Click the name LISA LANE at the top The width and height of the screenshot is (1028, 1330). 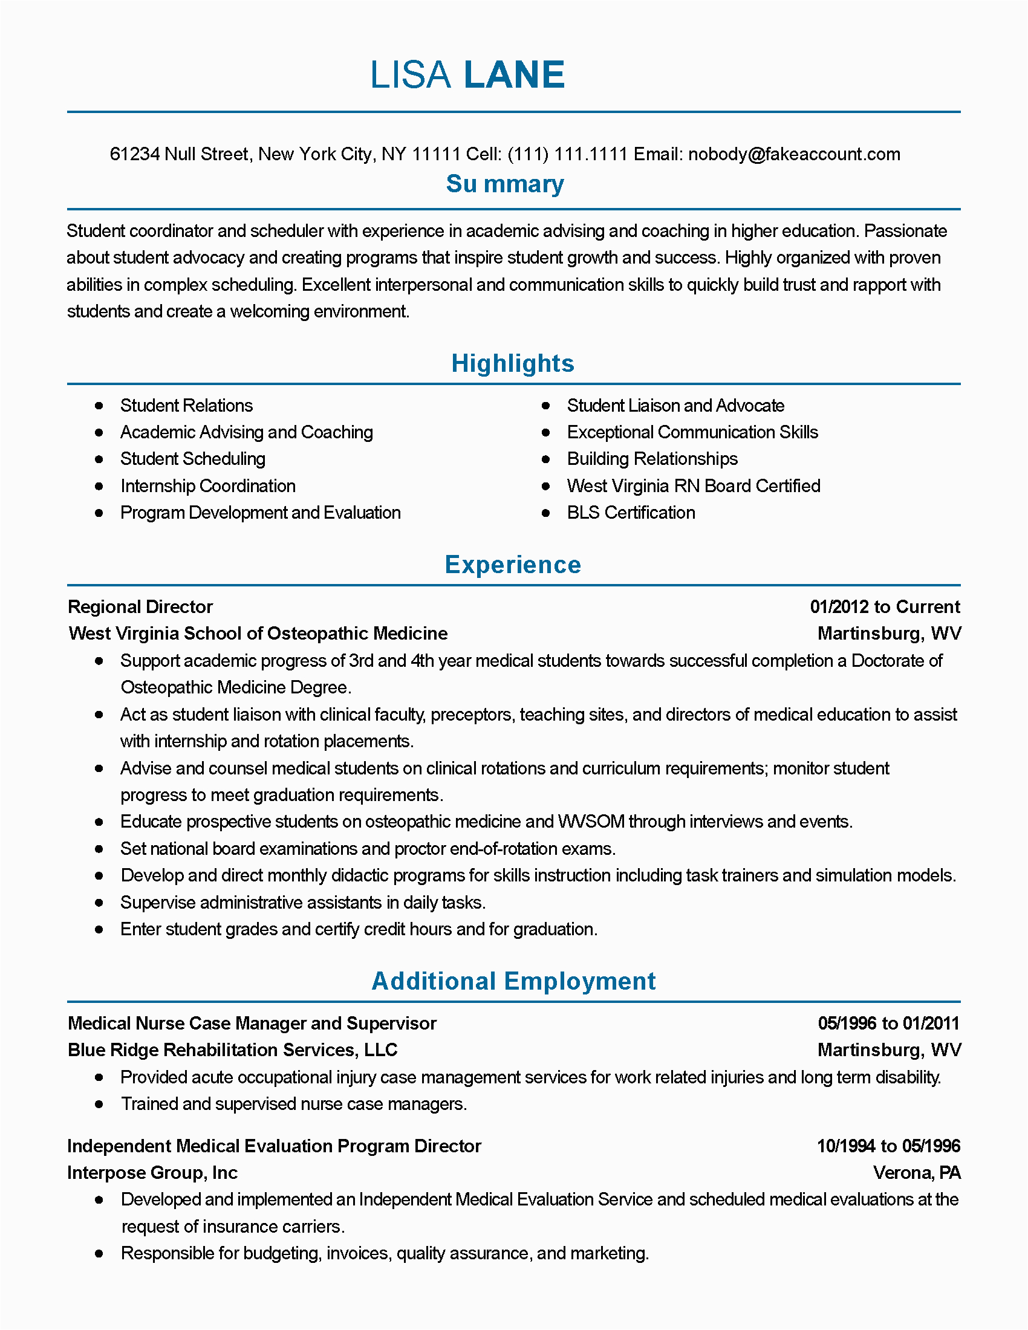467,75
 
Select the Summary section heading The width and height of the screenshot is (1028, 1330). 505,184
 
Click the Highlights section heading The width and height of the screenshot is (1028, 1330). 513,363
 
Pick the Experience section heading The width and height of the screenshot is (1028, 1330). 513,565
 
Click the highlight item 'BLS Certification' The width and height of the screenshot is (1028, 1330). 630,513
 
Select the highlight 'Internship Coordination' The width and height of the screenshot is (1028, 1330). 207,486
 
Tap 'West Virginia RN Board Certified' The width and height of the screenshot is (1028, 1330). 693,486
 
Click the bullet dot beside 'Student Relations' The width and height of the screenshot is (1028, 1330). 99,406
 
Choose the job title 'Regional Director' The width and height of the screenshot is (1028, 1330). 140,607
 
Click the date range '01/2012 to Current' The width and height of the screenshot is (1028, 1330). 884,607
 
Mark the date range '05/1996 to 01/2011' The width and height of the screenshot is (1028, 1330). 888,1023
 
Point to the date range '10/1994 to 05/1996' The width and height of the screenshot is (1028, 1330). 888,1146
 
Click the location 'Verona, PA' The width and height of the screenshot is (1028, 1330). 917,1173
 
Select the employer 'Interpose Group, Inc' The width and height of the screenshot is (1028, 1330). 152,1173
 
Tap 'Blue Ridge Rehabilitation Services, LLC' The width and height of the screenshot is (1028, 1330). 232,1051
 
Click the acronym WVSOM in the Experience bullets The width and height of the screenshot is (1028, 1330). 591,822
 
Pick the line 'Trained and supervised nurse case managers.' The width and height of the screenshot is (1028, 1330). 293,1104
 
